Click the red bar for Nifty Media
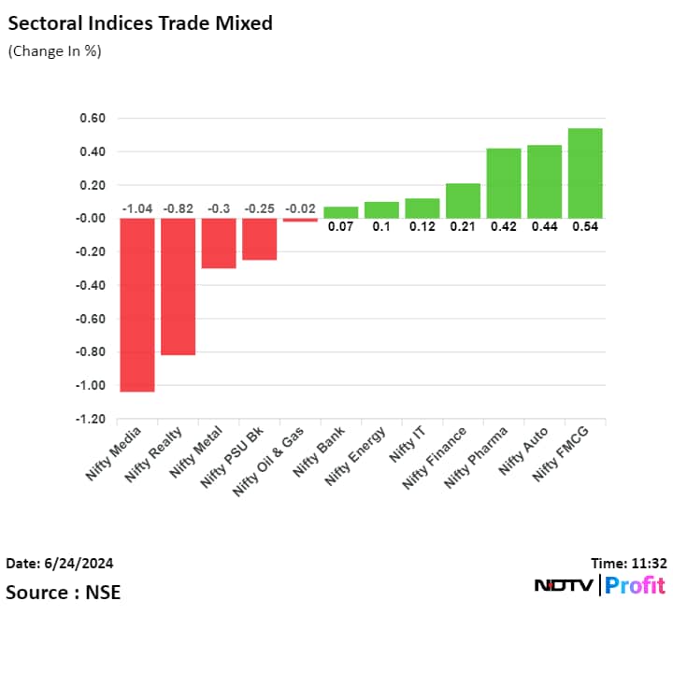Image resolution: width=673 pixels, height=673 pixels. point(137,305)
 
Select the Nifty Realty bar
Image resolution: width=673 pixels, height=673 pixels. point(178,286)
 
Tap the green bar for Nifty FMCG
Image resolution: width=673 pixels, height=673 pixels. point(585,173)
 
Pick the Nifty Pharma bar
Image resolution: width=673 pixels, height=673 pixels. point(503,183)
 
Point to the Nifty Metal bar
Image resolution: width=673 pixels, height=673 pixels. point(219,243)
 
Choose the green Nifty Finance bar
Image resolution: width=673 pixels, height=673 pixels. point(463,201)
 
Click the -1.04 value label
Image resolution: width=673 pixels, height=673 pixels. point(137,208)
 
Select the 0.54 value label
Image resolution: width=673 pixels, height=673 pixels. point(585,226)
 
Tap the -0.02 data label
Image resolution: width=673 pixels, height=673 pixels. point(300,208)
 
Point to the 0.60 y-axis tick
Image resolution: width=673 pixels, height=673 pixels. point(92,119)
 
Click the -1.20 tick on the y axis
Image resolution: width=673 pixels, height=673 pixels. point(90,420)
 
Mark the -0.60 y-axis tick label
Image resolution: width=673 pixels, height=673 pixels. point(90,319)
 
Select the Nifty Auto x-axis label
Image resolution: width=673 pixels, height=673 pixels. point(522,451)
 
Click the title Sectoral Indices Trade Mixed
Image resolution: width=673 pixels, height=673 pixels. point(139,23)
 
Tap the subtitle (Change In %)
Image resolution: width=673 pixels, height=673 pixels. point(54,51)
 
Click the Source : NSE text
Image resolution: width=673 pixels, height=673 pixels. point(63,592)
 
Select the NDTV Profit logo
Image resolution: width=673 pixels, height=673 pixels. point(599,586)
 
